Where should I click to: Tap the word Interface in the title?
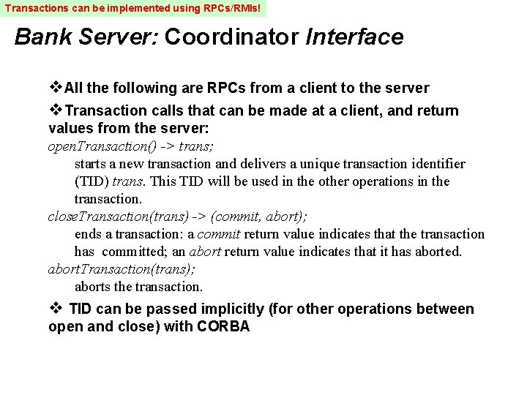click(354, 37)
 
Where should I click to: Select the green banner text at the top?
click(133, 9)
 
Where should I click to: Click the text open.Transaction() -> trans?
click(131, 146)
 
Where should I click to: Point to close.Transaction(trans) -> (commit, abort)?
click(177, 217)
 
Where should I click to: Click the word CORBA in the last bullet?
click(223, 327)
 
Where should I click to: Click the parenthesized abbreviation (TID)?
click(91, 181)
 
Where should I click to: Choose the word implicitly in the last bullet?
click(228, 309)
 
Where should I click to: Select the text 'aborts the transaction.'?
click(138, 287)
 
